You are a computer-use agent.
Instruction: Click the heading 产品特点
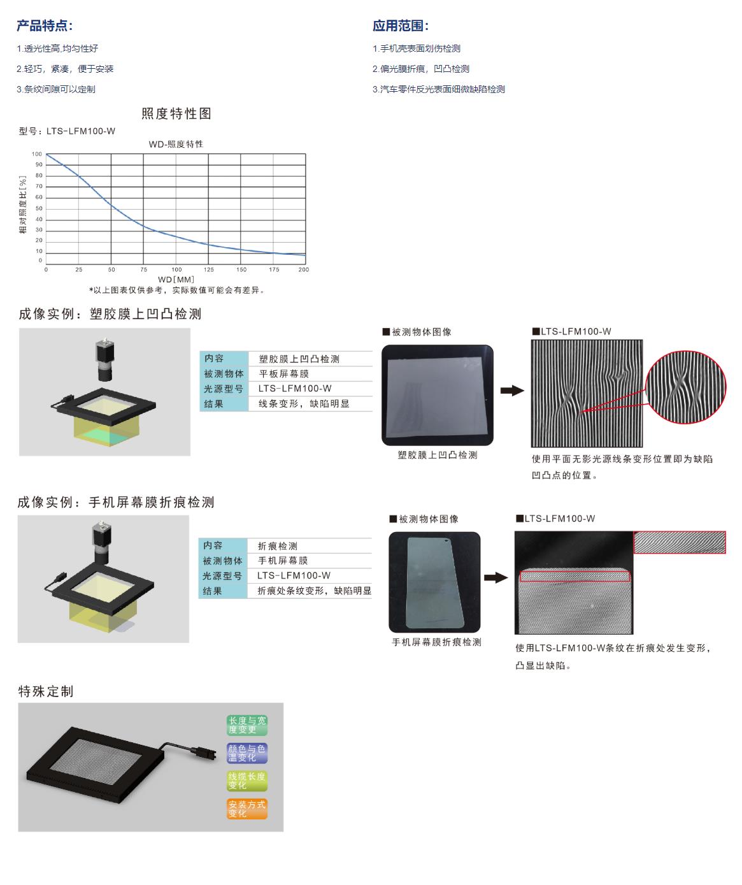[x=45, y=26]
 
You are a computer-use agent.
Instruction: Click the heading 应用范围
[x=401, y=26]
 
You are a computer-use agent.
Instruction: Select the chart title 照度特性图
[x=176, y=113]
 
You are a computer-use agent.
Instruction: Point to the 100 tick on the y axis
[x=37, y=154]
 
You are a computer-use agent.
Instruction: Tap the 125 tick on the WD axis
[x=208, y=269]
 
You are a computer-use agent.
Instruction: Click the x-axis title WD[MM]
[x=176, y=279]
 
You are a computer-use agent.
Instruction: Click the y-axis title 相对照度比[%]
[x=23, y=205]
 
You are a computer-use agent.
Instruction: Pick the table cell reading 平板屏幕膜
[x=283, y=374]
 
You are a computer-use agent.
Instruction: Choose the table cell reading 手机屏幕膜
[x=283, y=560]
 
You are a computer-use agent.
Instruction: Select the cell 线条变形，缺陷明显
[x=304, y=403]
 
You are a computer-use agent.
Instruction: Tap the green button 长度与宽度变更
[x=247, y=725]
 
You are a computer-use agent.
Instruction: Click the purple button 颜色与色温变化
[x=247, y=752]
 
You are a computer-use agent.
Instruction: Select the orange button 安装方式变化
[x=247, y=809]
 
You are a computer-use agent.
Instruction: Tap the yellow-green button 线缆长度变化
[x=247, y=781]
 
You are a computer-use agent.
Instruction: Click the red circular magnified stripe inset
[x=686, y=387]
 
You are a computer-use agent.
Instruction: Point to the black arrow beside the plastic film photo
[x=512, y=391]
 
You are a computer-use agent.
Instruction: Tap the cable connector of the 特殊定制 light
[x=201, y=751]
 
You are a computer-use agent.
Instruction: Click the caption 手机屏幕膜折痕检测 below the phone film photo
[x=436, y=642]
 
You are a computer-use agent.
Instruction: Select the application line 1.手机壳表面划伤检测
[x=416, y=48]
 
